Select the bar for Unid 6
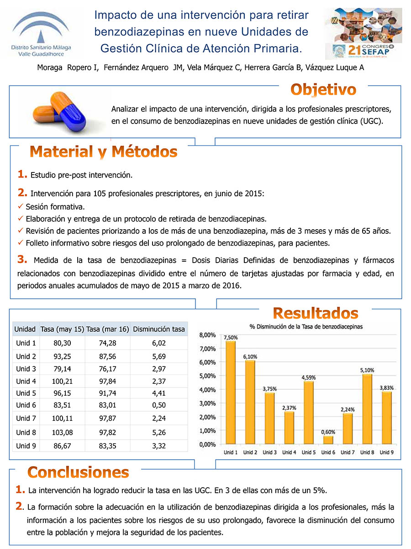click(x=328, y=440)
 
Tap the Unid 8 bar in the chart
click(x=367, y=409)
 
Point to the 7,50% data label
click(x=230, y=337)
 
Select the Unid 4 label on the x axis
click(x=289, y=452)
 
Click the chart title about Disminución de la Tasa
click(x=306, y=327)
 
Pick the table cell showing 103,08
click(x=62, y=432)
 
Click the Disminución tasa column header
click(x=158, y=329)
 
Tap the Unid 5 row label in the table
click(x=26, y=393)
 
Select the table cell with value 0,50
click(x=158, y=405)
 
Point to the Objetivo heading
click(x=324, y=89)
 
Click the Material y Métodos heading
click(x=103, y=151)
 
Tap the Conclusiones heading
click(x=78, y=472)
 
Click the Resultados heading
click(x=316, y=313)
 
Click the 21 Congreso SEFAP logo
click(x=363, y=33)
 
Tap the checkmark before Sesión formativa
click(x=20, y=206)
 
